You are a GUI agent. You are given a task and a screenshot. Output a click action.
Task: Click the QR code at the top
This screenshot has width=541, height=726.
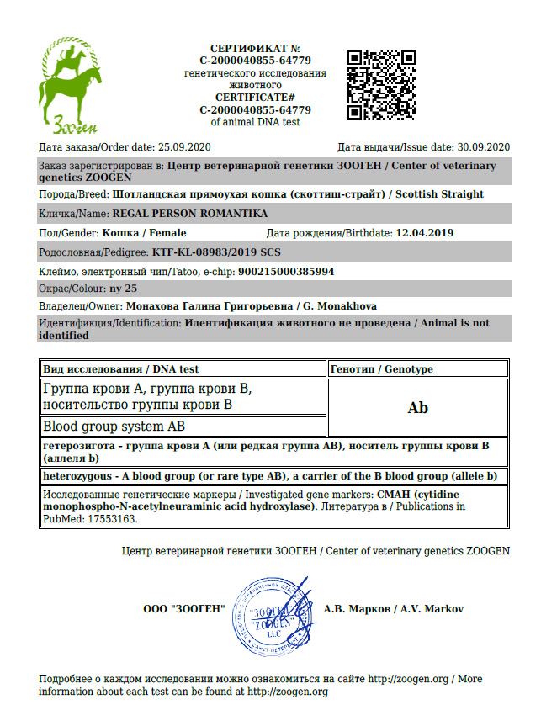pyautogui.click(x=381, y=84)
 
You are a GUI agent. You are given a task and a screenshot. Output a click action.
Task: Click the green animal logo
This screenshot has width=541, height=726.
pyautogui.click(x=71, y=87)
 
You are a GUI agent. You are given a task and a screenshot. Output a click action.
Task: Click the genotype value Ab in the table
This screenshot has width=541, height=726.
pyautogui.click(x=417, y=408)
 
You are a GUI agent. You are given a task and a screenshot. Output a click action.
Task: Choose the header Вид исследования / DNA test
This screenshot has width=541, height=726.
pyautogui.click(x=121, y=369)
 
